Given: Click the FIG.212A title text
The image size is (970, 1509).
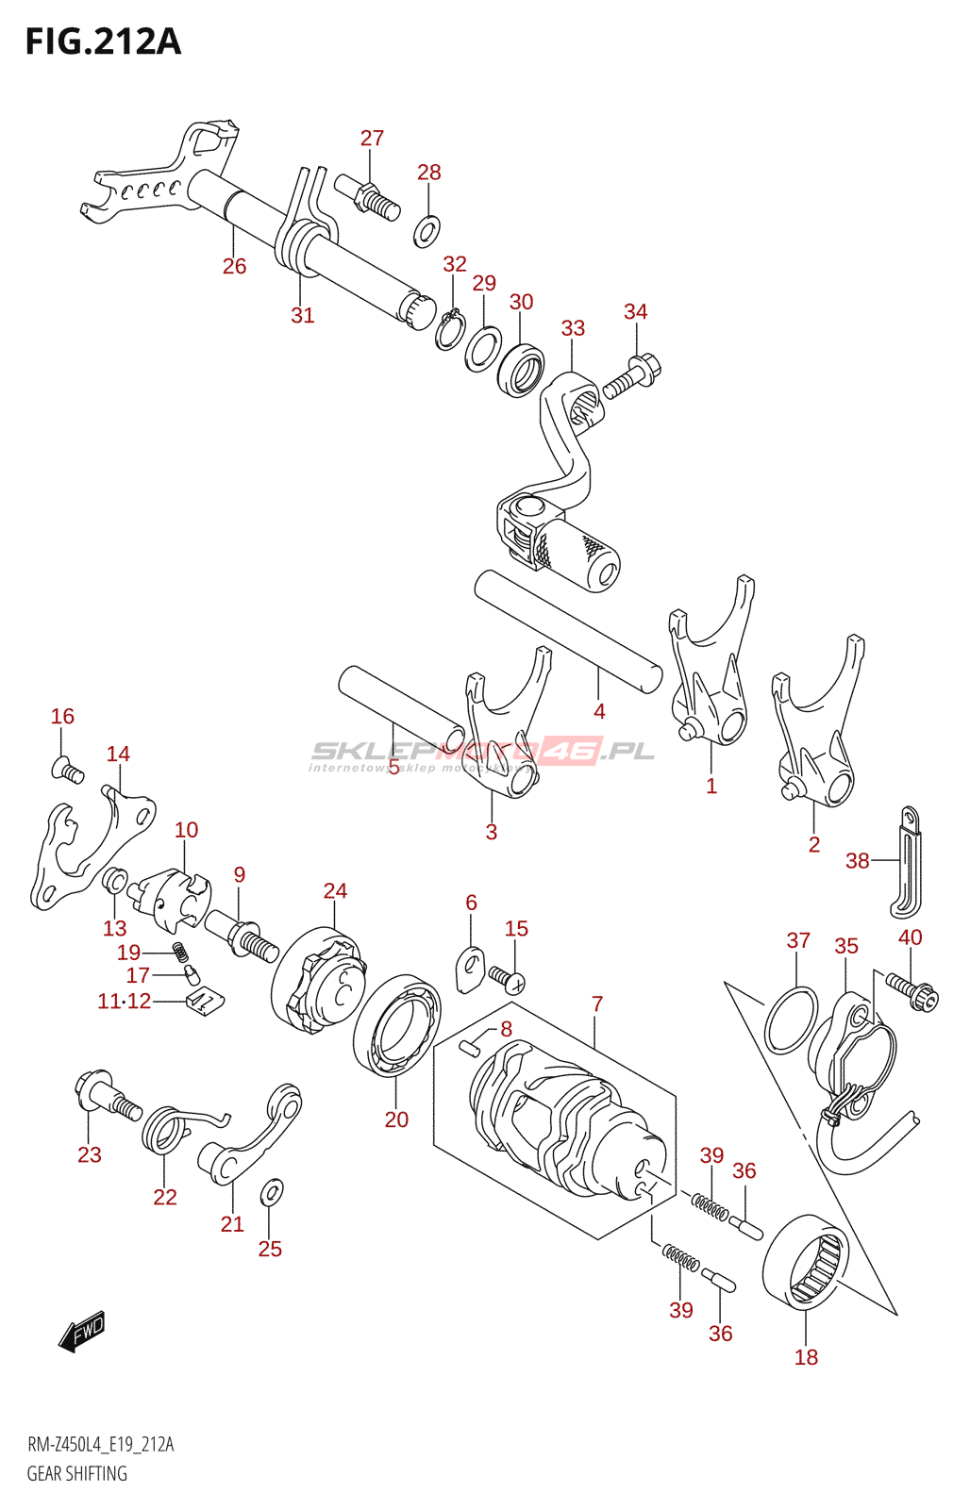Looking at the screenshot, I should pyautogui.click(x=103, y=42).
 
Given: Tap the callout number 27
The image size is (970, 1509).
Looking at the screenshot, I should pyautogui.click(x=372, y=138).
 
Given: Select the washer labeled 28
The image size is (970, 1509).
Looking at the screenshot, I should pyautogui.click(x=426, y=230).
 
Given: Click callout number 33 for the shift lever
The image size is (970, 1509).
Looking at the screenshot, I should pyautogui.click(x=573, y=328).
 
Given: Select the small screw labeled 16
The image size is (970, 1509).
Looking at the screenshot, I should pyautogui.click(x=67, y=771).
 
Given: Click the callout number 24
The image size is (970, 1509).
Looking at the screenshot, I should pyautogui.click(x=335, y=890).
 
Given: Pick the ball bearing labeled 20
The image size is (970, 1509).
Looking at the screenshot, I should pyautogui.click(x=397, y=1026).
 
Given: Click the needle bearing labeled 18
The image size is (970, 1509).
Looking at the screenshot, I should pyautogui.click(x=805, y=1262).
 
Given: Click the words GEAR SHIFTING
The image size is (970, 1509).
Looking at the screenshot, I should pyautogui.click(x=76, y=1473).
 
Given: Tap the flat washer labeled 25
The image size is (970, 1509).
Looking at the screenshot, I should pyautogui.click(x=270, y=1192).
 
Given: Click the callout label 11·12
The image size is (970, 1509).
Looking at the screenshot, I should pyautogui.click(x=124, y=1001).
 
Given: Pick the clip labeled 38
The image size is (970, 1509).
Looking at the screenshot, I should pyautogui.click(x=906, y=860).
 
